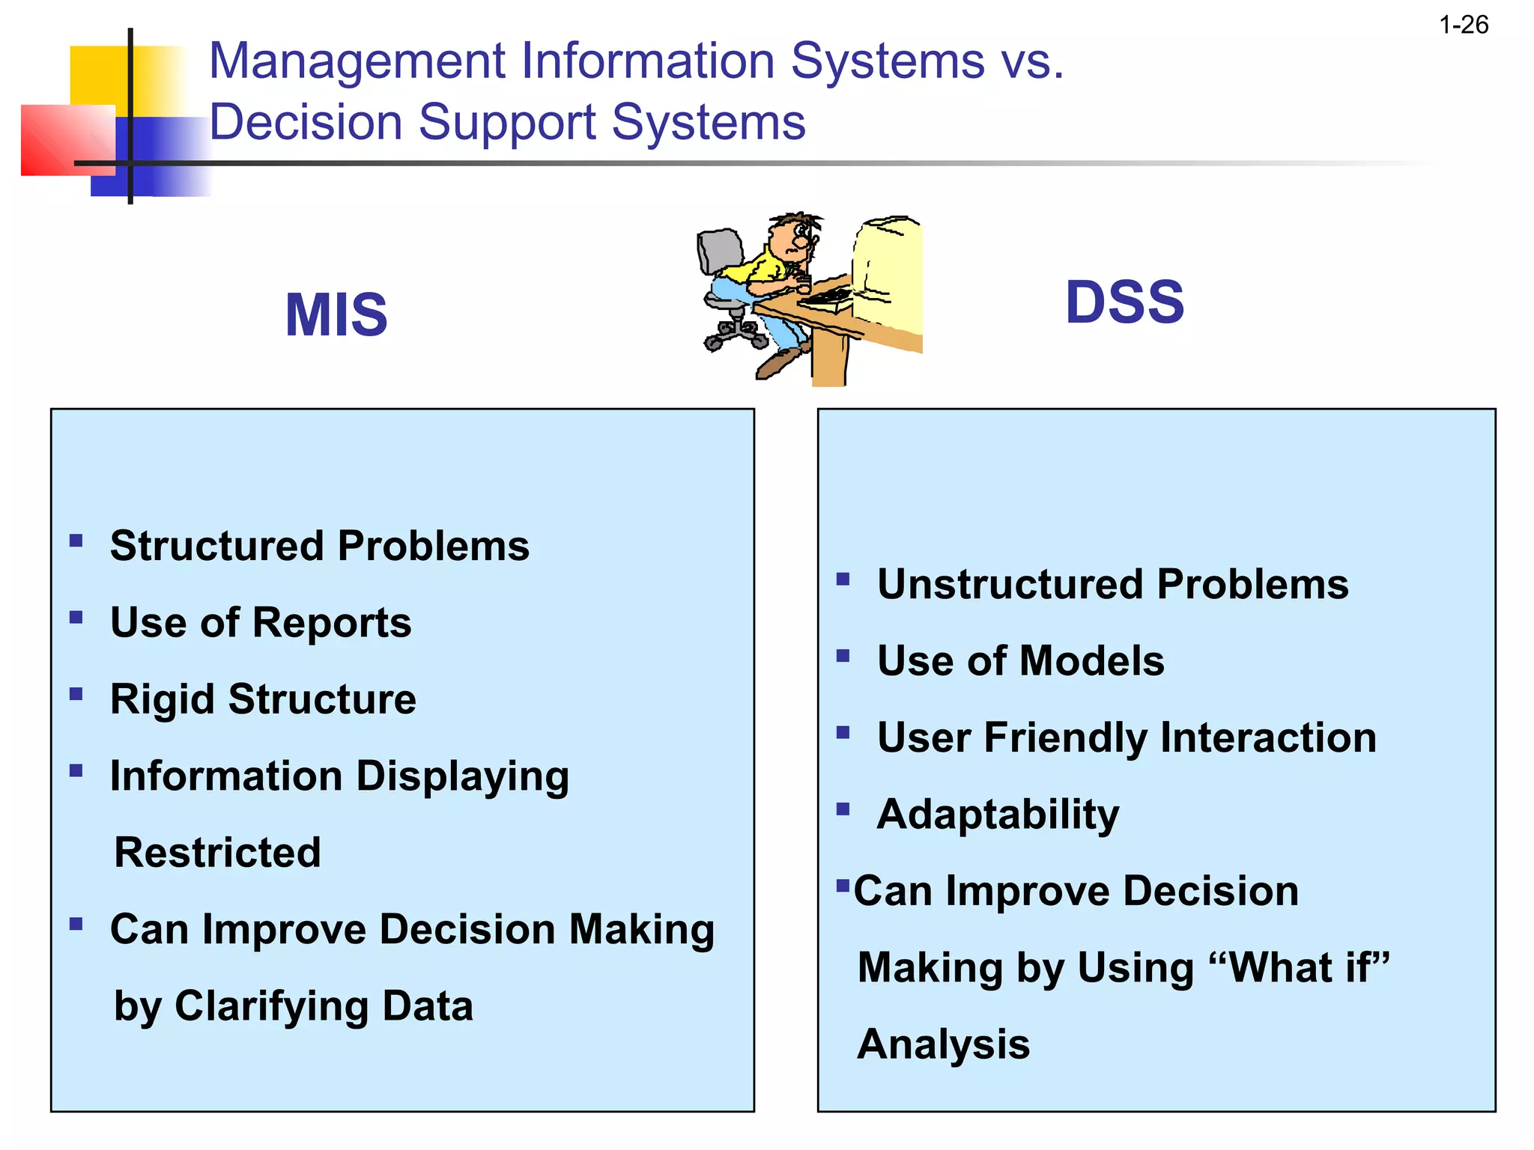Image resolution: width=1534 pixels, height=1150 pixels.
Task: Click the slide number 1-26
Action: pyautogui.click(x=1463, y=25)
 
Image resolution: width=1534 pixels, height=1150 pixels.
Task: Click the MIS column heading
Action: pyautogui.click(x=336, y=314)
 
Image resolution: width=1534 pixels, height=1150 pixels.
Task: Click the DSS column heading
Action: pyautogui.click(x=1124, y=302)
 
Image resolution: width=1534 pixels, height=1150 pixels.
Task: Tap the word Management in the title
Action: pyautogui.click(x=357, y=61)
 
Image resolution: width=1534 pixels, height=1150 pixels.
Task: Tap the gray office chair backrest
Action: pyautogui.click(x=719, y=250)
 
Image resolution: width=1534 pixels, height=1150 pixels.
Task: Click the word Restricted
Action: pyautogui.click(x=217, y=852)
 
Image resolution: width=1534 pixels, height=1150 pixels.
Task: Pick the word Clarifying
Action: pyautogui.click(x=271, y=1006)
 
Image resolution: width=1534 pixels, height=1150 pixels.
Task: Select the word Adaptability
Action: pyautogui.click(x=998, y=815)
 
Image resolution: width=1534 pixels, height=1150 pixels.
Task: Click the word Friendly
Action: pyautogui.click(x=1064, y=737)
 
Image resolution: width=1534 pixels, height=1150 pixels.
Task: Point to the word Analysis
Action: pyautogui.click(x=944, y=1044)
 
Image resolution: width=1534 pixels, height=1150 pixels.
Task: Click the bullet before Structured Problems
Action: pyautogui.click(x=76, y=541)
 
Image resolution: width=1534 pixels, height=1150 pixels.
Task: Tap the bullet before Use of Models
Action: pyautogui.click(x=843, y=656)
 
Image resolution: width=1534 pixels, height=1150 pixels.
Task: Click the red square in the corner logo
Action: pyautogui.click(x=60, y=140)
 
